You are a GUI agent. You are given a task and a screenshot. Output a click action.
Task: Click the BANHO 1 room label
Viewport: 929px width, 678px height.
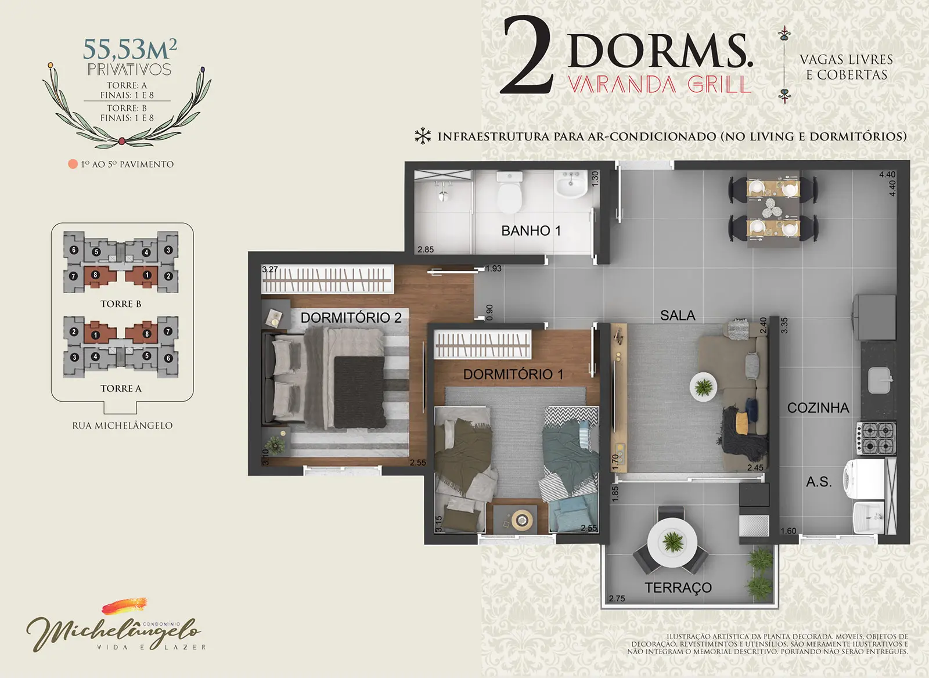coord(531,230)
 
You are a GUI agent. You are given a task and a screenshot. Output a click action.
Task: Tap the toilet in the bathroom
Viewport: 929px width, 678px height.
coord(509,192)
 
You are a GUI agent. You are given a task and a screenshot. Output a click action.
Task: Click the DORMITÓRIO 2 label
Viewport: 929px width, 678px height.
coord(351,318)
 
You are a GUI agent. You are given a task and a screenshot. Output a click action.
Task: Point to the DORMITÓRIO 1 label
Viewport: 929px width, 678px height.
coord(513,374)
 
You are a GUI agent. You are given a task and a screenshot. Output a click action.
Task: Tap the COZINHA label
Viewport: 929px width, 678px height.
coord(818,407)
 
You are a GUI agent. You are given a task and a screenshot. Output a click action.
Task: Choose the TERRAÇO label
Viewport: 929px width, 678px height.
coord(678,587)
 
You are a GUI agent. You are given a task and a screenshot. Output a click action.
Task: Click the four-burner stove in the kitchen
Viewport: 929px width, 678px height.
coord(876,438)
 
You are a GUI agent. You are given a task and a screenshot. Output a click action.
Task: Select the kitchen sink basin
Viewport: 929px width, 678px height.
coord(879,380)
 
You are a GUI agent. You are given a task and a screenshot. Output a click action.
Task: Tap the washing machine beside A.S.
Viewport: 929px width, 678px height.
coord(864,479)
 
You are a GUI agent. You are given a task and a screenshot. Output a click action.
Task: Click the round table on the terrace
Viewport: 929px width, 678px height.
coord(672,543)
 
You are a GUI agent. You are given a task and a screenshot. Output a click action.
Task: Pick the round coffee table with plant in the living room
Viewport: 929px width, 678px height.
coord(703,387)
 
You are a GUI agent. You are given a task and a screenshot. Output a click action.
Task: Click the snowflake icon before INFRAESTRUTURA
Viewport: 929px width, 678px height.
coord(423,136)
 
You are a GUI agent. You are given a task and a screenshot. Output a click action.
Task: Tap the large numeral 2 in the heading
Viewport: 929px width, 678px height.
coord(527,55)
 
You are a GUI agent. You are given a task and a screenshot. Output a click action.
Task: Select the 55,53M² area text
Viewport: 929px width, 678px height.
coord(130,49)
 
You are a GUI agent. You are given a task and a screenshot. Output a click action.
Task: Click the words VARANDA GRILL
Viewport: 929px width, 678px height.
coord(660,85)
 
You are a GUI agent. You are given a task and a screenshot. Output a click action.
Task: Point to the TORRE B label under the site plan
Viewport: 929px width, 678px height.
coord(121,304)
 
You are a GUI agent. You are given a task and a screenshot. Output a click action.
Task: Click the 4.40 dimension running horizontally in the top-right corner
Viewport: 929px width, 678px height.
coord(887,174)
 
